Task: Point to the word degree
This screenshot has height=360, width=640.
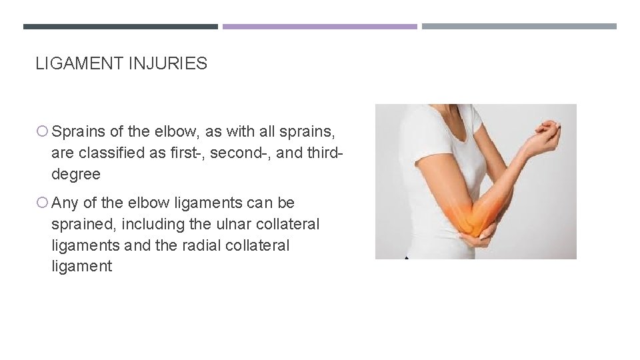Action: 75,175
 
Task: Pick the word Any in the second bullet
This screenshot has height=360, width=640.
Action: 65,203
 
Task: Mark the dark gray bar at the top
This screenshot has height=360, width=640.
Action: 120,27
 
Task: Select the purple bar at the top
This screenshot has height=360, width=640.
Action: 319,27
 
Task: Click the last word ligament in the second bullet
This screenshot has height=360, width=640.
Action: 81,267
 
